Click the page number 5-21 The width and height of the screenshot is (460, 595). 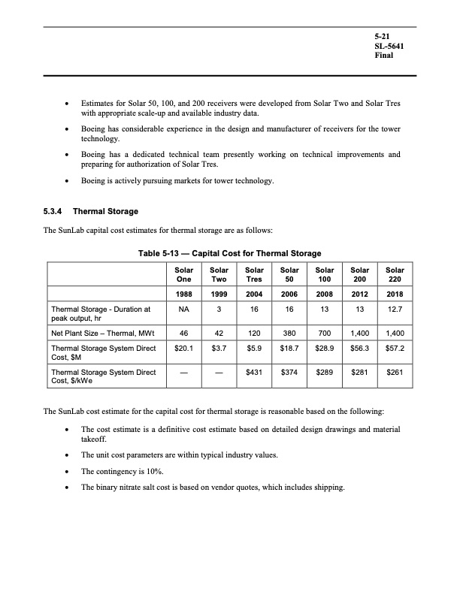pos(383,37)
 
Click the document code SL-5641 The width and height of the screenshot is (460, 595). pos(389,47)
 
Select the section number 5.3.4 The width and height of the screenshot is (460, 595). pos(56,211)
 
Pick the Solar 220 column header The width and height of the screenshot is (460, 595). pos(395,273)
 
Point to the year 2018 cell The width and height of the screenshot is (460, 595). pos(395,294)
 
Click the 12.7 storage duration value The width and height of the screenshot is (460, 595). pos(395,308)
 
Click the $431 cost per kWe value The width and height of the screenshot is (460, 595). pos(253,372)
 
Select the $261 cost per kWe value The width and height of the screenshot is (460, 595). pos(395,372)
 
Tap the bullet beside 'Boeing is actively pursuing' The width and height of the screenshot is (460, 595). pos(69,181)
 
